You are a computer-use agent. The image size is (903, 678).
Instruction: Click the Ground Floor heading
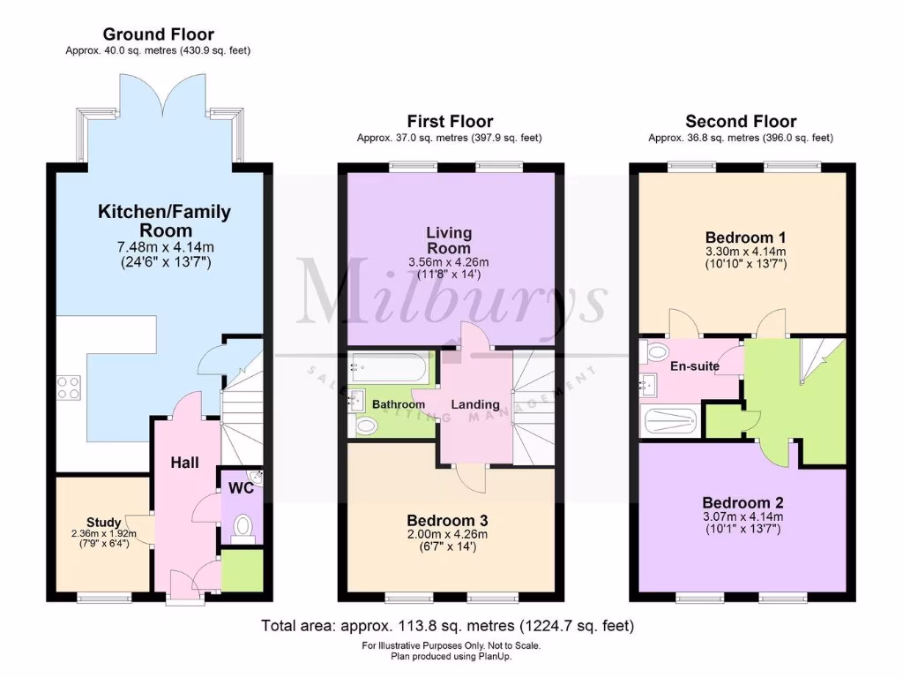click(x=158, y=34)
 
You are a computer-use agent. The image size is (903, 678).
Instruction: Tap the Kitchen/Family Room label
click(x=164, y=221)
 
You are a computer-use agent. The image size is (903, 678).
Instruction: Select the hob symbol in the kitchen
click(x=70, y=387)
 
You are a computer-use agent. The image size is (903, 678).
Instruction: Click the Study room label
click(x=103, y=522)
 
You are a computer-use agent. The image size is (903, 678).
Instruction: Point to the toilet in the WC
click(x=242, y=528)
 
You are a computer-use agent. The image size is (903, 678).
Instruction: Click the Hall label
click(x=184, y=463)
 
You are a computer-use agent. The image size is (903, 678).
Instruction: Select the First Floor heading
click(x=450, y=121)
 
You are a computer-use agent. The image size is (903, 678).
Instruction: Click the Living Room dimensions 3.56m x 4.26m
click(x=450, y=262)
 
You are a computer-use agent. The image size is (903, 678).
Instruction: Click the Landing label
click(x=475, y=404)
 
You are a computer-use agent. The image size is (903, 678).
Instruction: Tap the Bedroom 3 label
click(x=447, y=520)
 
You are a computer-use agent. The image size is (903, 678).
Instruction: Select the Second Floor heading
click(x=741, y=121)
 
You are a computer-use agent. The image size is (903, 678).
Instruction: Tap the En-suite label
click(x=695, y=365)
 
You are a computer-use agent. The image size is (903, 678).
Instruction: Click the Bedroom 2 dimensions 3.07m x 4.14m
click(x=742, y=516)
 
